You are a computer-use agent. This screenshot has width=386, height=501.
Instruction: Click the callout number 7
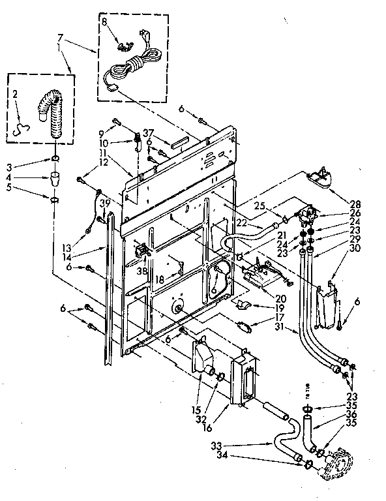pos(61,38)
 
